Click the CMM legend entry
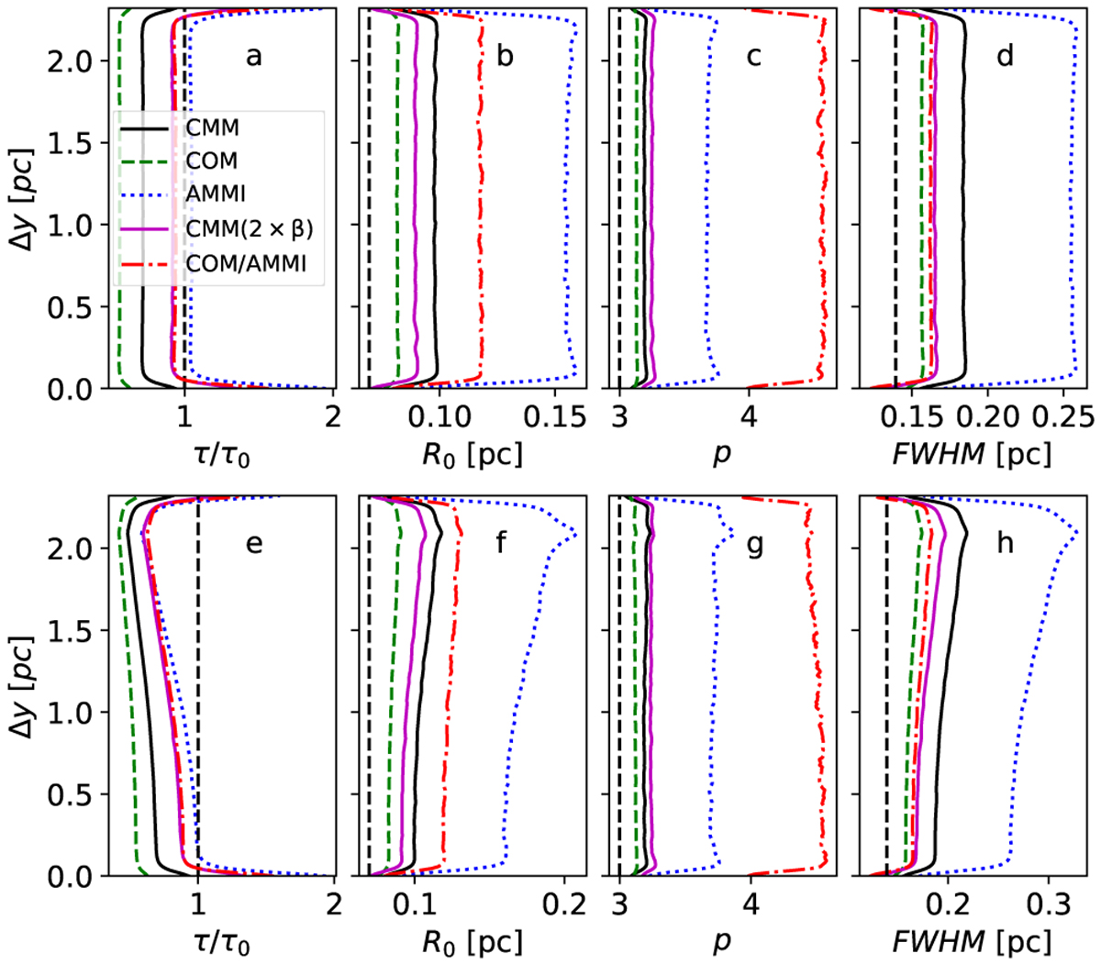click(212, 129)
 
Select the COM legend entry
click(212, 161)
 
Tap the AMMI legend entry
click(216, 194)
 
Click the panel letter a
click(253, 57)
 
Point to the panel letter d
click(1005, 57)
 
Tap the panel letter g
click(755, 544)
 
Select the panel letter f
click(502, 544)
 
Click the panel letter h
click(1005, 544)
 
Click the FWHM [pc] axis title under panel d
click(972, 453)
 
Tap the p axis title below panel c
click(722, 455)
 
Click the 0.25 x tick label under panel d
click(1063, 417)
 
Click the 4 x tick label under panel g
click(751, 904)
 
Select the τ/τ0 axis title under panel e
click(222, 941)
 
